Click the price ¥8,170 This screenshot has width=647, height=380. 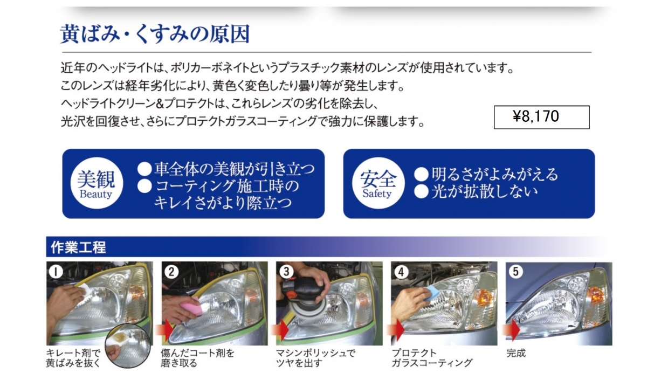pyautogui.click(x=536, y=116)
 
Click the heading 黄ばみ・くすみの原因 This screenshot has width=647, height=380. pyautogui.click(x=155, y=34)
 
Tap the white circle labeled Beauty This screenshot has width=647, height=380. pyautogui.click(x=97, y=183)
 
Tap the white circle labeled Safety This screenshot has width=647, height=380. pyautogui.click(x=378, y=183)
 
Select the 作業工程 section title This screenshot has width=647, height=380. pyautogui.click(x=78, y=247)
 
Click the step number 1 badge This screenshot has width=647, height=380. pyautogui.click(x=56, y=272)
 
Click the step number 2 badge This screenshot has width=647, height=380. pyautogui.click(x=171, y=272)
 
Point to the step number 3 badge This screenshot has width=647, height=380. pyautogui.click(x=286, y=272)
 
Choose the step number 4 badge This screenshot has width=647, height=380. pyautogui.click(x=401, y=272)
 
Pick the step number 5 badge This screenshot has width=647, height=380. pyautogui.click(x=515, y=272)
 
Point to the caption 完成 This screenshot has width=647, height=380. pyautogui.click(x=516, y=353)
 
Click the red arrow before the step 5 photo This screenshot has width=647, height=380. pyautogui.click(x=512, y=330)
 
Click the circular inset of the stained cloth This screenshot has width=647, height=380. pyautogui.click(x=128, y=346)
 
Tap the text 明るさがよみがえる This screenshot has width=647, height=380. pyautogui.click(x=494, y=174)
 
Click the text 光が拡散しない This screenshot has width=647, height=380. pyautogui.click(x=485, y=192)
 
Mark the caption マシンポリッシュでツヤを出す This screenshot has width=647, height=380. pyautogui.click(x=315, y=358)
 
